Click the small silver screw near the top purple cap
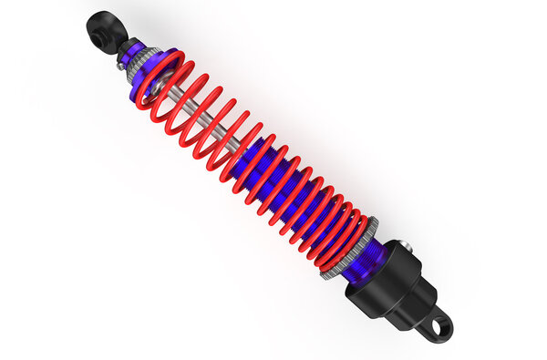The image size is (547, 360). coord(120,65)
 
